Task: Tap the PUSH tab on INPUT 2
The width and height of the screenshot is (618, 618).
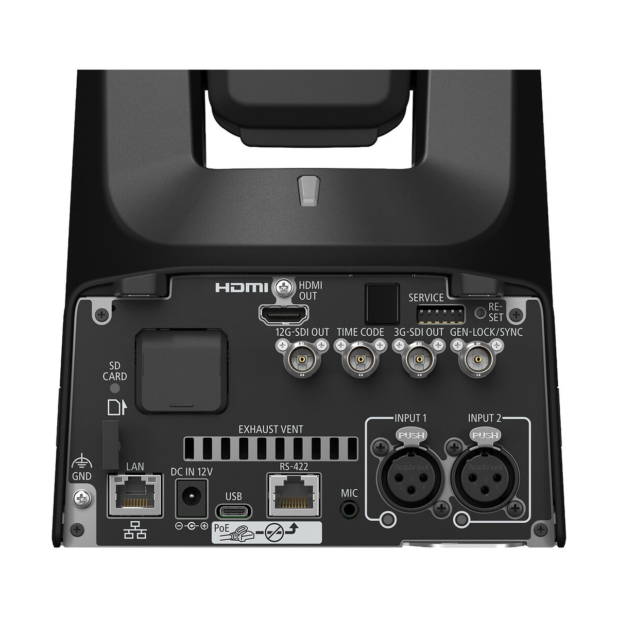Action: (x=485, y=436)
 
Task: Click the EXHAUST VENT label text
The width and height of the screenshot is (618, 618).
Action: (x=270, y=428)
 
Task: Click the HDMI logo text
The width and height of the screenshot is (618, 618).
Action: (x=242, y=287)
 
